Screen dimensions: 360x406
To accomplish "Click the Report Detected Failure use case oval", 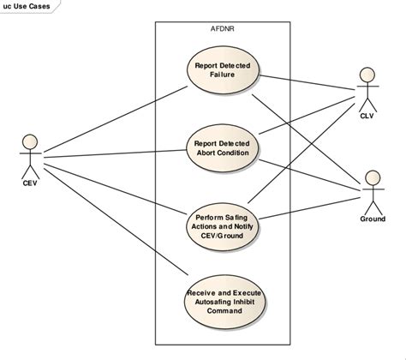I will pyautogui.click(x=224, y=70).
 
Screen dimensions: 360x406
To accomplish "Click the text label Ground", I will pyautogui.click(x=373, y=219).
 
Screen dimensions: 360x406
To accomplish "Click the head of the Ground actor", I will pyautogui.click(x=373, y=176).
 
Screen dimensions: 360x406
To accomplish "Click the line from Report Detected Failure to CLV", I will pyautogui.click(x=308, y=81).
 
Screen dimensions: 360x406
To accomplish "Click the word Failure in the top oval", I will pyautogui.click(x=224, y=75).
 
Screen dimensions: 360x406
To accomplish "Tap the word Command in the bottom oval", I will pyautogui.click(x=224, y=311).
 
